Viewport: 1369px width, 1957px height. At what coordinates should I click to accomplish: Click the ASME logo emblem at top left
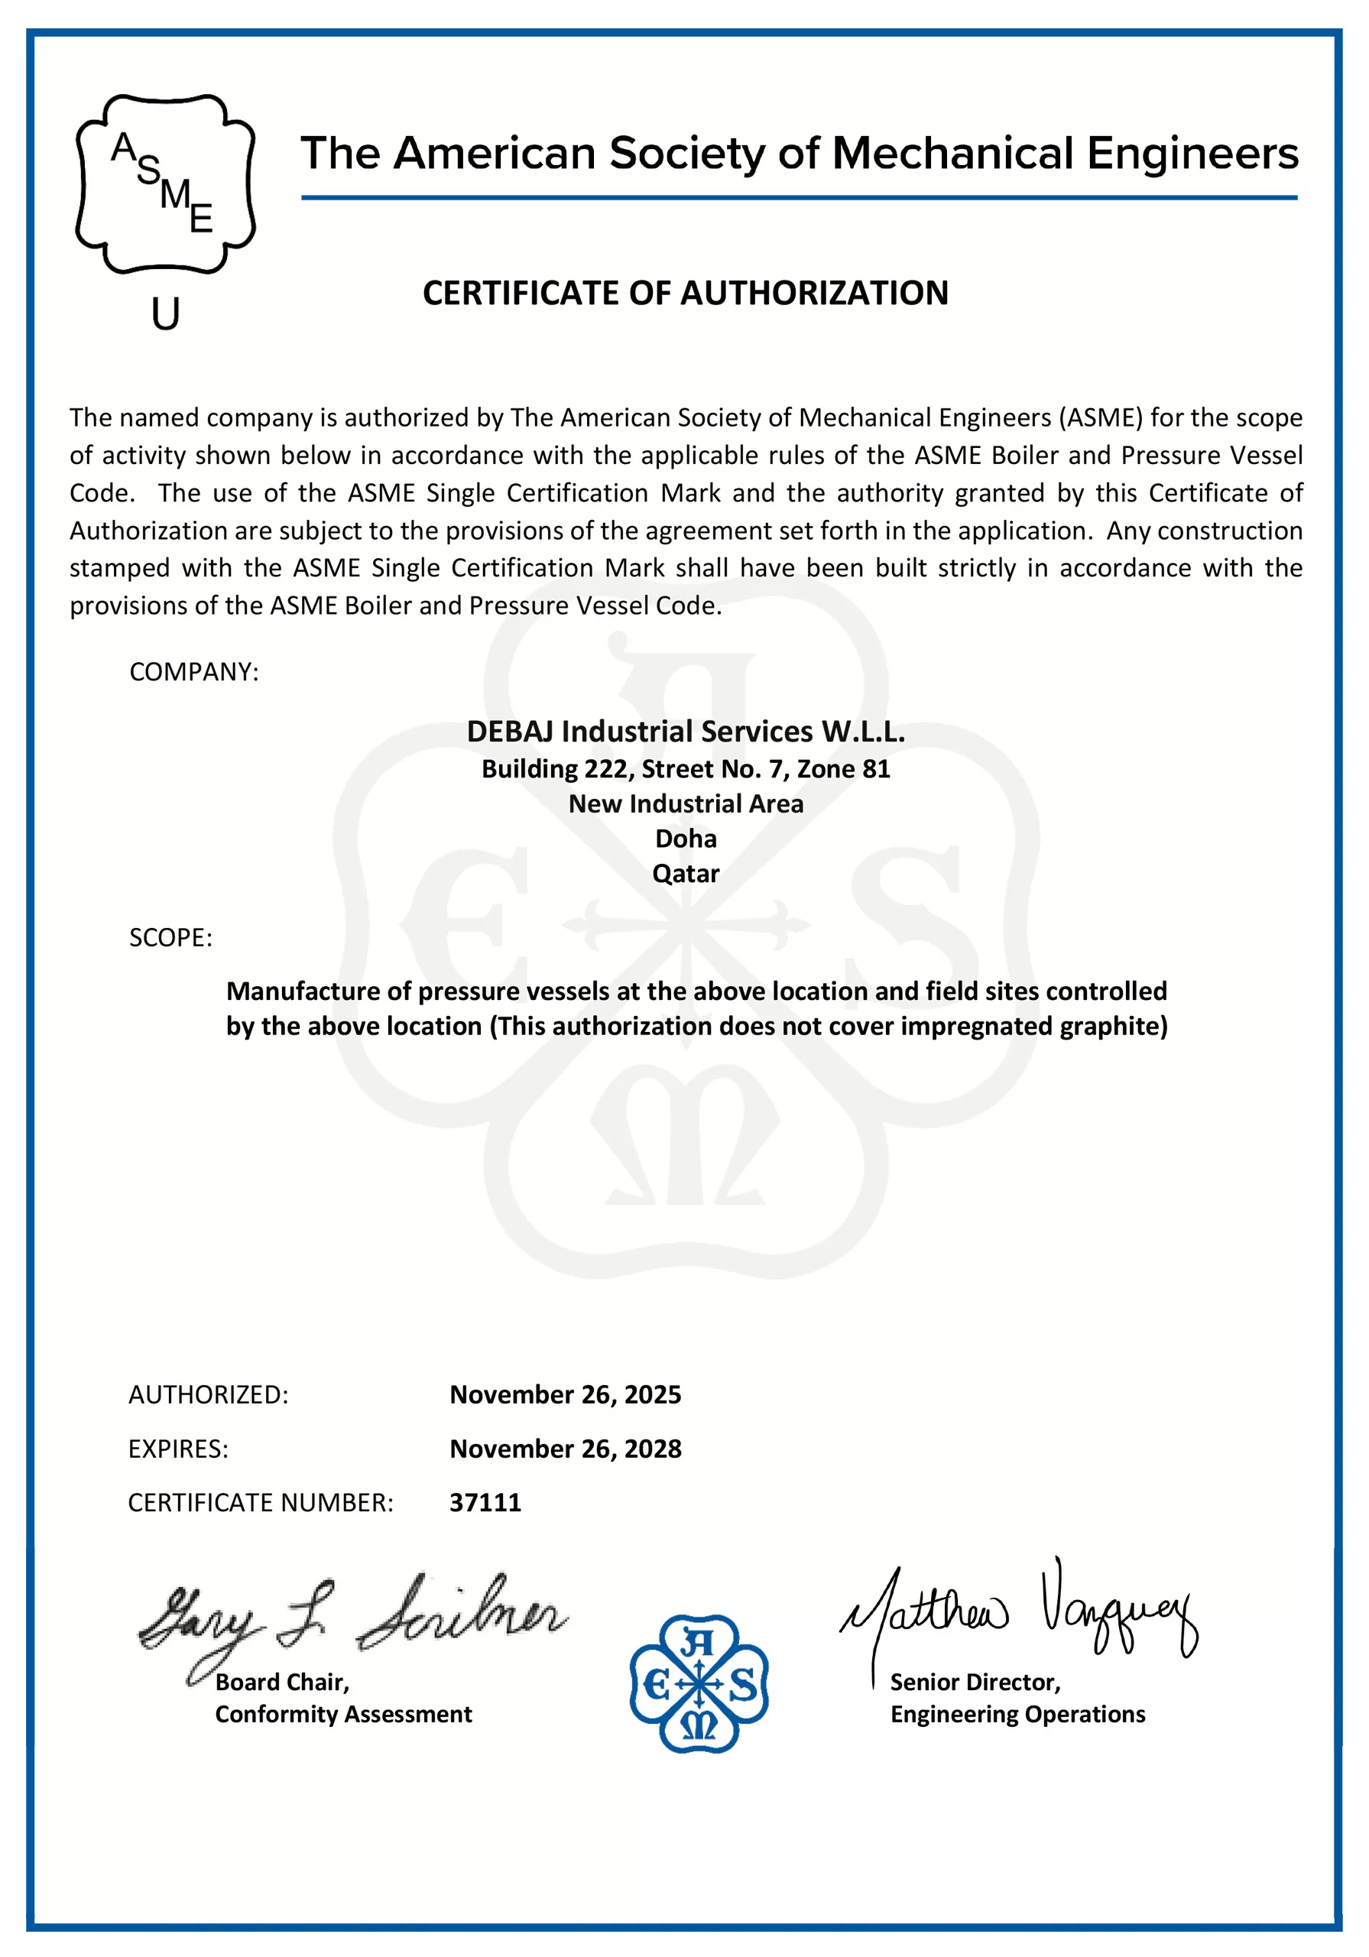pyautogui.click(x=165, y=184)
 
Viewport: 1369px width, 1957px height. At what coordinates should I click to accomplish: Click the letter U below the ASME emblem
pyautogui.click(x=165, y=314)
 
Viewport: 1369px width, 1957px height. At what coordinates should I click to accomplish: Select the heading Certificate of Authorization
pyautogui.click(x=686, y=294)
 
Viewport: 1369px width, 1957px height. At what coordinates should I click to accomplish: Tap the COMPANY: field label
pyautogui.click(x=193, y=672)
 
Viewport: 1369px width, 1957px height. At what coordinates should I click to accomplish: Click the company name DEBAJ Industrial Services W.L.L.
pyautogui.click(x=686, y=732)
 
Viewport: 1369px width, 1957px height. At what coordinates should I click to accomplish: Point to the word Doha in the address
pyautogui.click(x=686, y=839)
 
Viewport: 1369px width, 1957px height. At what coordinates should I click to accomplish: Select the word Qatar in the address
pyautogui.click(x=686, y=874)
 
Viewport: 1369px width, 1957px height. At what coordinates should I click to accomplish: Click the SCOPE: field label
pyautogui.click(x=170, y=937)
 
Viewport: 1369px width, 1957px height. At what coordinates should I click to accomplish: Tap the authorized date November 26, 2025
pyautogui.click(x=565, y=1394)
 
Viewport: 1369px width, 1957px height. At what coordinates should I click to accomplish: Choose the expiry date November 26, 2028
pyautogui.click(x=565, y=1449)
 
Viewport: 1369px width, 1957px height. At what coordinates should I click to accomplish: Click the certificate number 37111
pyautogui.click(x=485, y=1502)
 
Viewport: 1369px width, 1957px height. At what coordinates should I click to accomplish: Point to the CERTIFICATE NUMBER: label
pyautogui.click(x=261, y=1503)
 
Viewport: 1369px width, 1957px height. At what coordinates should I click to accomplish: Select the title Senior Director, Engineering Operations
pyautogui.click(x=1017, y=1698)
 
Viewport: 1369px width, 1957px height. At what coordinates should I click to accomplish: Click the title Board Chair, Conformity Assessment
pyautogui.click(x=342, y=1698)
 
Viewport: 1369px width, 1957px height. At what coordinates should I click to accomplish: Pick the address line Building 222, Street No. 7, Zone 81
pyautogui.click(x=686, y=769)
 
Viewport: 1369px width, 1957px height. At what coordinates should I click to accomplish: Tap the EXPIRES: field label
pyautogui.click(x=178, y=1449)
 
